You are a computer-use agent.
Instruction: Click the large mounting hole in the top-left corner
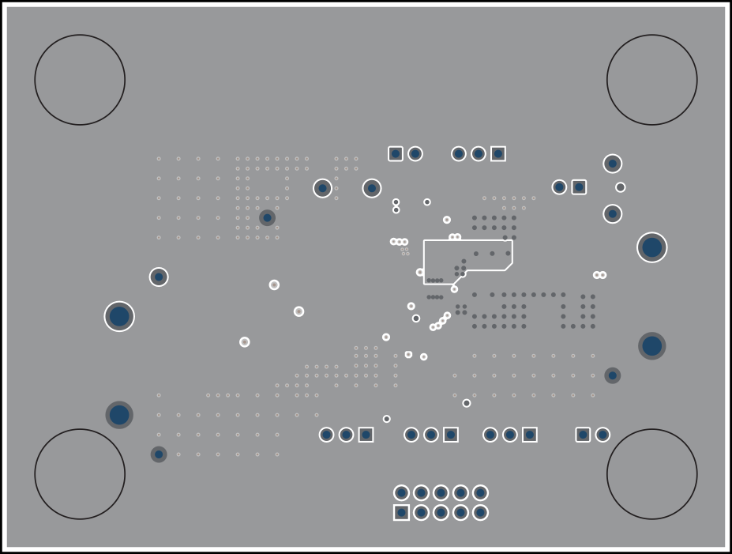[80, 80]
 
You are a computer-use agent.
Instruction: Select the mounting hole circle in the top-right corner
[651, 80]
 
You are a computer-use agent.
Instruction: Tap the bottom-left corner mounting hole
[80, 474]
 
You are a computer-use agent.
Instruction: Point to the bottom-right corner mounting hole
[651, 474]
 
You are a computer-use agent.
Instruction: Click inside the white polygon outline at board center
[474, 254]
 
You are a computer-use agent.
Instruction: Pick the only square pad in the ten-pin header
[402, 513]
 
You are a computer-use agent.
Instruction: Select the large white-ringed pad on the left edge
[119, 316]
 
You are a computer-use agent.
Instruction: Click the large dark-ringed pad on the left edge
[119, 415]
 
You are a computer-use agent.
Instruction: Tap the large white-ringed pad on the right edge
[651, 247]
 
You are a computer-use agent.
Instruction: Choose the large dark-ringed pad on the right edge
[651, 346]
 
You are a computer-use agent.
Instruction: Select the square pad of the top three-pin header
[498, 153]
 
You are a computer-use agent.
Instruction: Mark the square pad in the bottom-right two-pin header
[583, 435]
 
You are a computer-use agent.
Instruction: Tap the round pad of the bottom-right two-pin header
[602, 435]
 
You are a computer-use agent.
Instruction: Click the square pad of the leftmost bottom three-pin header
[366, 435]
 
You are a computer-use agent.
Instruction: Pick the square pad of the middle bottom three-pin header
[450, 435]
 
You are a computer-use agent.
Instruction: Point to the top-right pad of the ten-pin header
[480, 493]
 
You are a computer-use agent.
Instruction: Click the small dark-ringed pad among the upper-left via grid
[267, 217]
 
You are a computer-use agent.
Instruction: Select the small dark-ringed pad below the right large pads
[612, 375]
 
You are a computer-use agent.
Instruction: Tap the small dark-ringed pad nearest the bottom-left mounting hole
[159, 454]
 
